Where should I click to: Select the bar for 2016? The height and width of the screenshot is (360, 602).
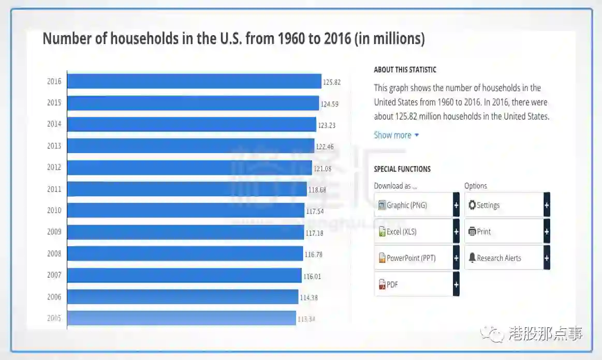pyautogui.click(x=194, y=81)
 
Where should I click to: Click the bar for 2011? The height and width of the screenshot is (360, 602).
pyautogui.click(x=187, y=189)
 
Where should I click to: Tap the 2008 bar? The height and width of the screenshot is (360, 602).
pyautogui.click(x=185, y=253)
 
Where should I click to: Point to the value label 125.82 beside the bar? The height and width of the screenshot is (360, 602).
pyautogui.click(x=332, y=82)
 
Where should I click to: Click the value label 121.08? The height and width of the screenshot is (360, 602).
pyautogui.click(x=322, y=168)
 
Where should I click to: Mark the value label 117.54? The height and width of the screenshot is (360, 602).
pyautogui.click(x=314, y=211)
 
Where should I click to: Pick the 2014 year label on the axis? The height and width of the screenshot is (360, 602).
pyautogui.click(x=54, y=124)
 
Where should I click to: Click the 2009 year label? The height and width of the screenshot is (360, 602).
pyautogui.click(x=54, y=232)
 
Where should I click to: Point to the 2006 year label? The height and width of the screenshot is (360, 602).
pyautogui.click(x=54, y=297)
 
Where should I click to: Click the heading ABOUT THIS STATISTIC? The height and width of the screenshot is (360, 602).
pyautogui.click(x=405, y=70)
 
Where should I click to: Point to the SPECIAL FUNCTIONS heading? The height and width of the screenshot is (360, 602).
pyautogui.click(x=402, y=169)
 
